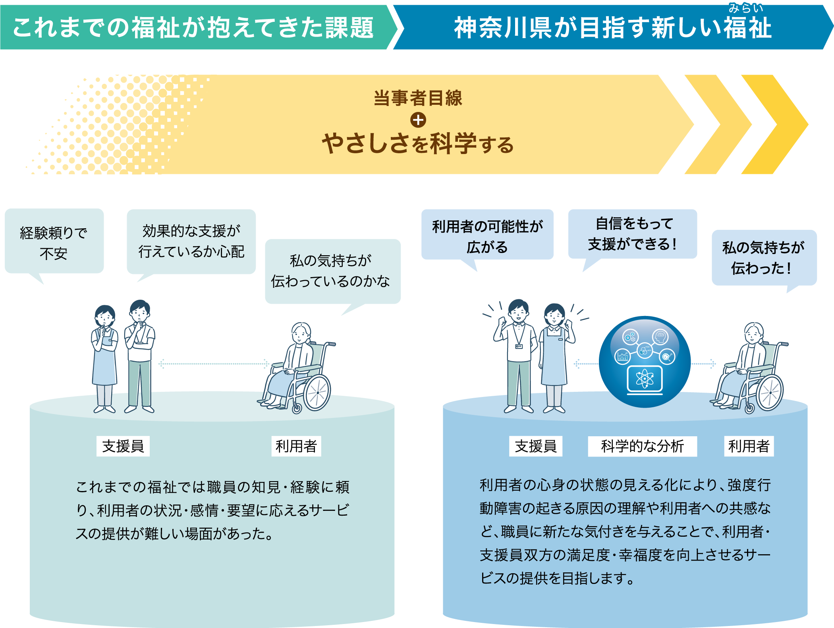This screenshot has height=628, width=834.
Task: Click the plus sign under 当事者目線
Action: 418,120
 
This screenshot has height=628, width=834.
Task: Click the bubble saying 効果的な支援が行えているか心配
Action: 191,241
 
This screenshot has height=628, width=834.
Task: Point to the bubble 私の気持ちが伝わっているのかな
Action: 332,271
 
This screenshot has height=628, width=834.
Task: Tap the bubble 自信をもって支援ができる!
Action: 633,234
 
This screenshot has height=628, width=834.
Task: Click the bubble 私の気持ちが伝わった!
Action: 764,258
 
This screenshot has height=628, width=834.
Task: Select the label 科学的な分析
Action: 642,446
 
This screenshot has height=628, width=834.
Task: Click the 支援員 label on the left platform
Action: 123,446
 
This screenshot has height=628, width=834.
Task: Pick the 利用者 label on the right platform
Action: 749,446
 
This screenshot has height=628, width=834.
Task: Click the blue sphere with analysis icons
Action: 645,361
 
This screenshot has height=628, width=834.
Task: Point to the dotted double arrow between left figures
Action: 214,363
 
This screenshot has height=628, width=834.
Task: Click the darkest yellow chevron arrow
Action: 774,124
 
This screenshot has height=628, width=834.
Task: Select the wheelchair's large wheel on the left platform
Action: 317,393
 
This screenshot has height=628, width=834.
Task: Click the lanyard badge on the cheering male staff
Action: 519,346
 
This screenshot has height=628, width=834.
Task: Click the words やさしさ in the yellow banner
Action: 365,144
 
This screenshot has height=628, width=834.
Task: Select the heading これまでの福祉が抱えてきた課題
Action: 193,28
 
